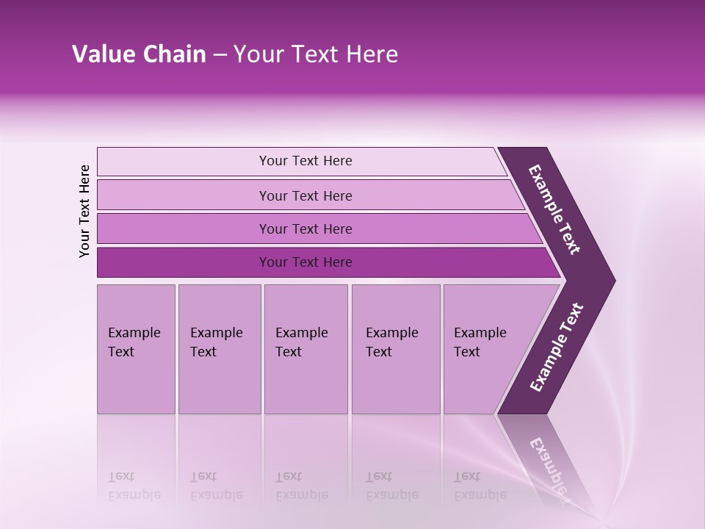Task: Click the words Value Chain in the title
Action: click(x=139, y=54)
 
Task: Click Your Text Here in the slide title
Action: click(x=316, y=54)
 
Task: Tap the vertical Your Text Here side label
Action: click(x=85, y=211)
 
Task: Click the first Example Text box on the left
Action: click(x=136, y=349)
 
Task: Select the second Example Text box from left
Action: click(x=219, y=349)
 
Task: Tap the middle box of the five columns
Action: click(x=305, y=349)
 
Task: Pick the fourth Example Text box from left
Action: click(x=396, y=349)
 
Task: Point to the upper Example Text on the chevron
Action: click(x=555, y=209)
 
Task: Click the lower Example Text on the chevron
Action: click(x=557, y=347)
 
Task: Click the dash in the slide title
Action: click(x=220, y=54)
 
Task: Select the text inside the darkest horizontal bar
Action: click(x=305, y=262)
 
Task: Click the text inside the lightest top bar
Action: click(x=305, y=161)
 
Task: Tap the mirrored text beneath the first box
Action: click(x=134, y=486)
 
